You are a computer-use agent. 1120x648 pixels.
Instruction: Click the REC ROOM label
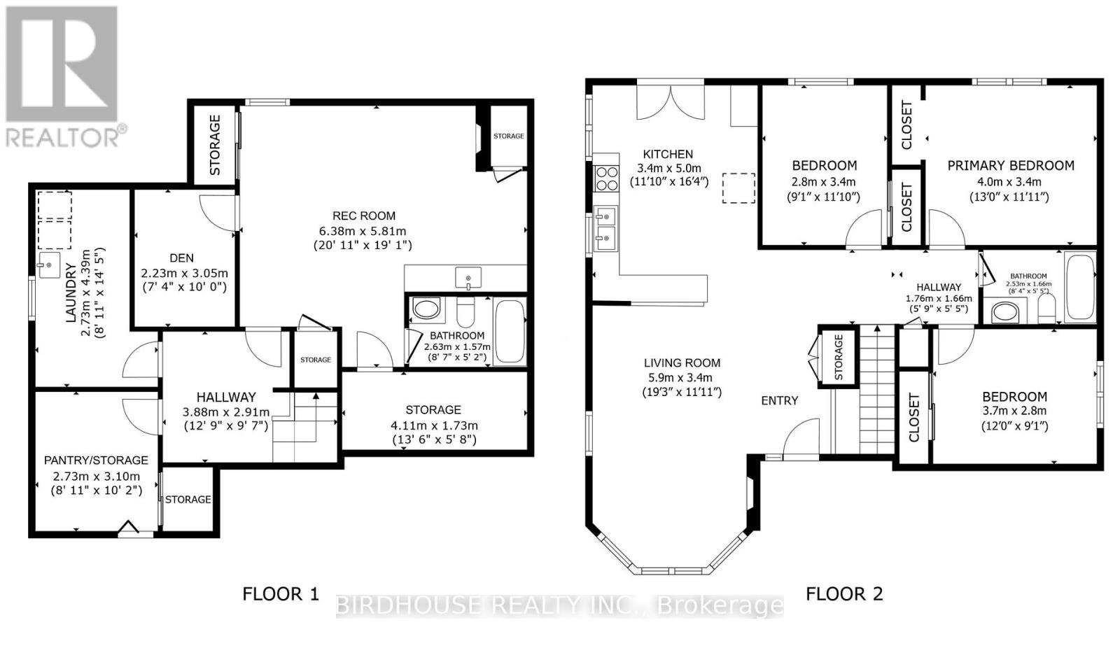pyautogui.click(x=364, y=216)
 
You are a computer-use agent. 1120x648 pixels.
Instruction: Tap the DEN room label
pyautogui.click(x=181, y=258)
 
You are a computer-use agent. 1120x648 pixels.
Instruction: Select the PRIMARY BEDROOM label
pyautogui.click(x=1010, y=166)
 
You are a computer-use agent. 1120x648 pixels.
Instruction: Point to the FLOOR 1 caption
pyautogui.click(x=280, y=594)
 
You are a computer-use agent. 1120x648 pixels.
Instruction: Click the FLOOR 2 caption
pyautogui.click(x=843, y=594)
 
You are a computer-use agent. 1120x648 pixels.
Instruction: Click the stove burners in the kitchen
pyautogui.click(x=606, y=178)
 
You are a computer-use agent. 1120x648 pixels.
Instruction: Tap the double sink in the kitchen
pyautogui.click(x=605, y=228)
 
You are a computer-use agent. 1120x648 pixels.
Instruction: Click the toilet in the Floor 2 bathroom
pyautogui.click(x=1046, y=309)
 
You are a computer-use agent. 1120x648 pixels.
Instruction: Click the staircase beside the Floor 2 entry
pyautogui.click(x=876, y=392)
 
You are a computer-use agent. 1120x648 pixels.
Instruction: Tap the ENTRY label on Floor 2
pyautogui.click(x=779, y=400)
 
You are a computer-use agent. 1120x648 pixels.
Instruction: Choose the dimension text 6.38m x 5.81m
pyautogui.click(x=363, y=231)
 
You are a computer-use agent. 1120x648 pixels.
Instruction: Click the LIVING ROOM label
pyautogui.click(x=682, y=362)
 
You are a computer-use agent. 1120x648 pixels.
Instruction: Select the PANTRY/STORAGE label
pyautogui.click(x=96, y=460)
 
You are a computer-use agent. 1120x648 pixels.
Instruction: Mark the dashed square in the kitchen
pyautogui.click(x=738, y=188)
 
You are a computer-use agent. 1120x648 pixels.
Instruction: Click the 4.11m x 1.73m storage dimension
pyautogui.click(x=433, y=425)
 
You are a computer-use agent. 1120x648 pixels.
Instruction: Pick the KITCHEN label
pyautogui.click(x=668, y=154)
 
